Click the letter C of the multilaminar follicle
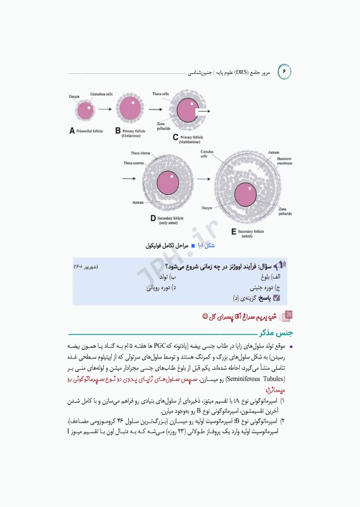[176, 137]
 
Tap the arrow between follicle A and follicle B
[105, 110]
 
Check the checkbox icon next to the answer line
[276, 298]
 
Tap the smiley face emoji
[206, 316]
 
